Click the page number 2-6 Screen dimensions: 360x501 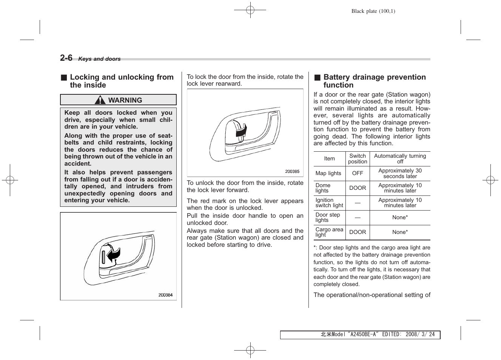66,58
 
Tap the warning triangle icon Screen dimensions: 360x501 100,100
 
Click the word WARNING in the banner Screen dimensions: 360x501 125,100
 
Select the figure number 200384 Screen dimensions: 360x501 165,295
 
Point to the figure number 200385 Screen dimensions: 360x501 292,171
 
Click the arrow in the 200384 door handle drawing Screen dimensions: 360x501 113,255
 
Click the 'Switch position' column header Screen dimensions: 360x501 357,159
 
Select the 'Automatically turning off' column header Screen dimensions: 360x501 400,159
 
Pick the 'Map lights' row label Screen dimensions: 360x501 328,174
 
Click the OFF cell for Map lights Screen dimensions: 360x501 357,174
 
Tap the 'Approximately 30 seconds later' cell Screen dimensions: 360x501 400,174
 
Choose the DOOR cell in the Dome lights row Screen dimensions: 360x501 357,188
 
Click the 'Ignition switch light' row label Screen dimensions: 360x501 329,203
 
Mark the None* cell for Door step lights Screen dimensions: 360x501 400,218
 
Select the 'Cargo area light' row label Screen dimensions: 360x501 329,232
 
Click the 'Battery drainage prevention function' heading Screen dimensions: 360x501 374,81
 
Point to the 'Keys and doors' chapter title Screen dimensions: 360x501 99,59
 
